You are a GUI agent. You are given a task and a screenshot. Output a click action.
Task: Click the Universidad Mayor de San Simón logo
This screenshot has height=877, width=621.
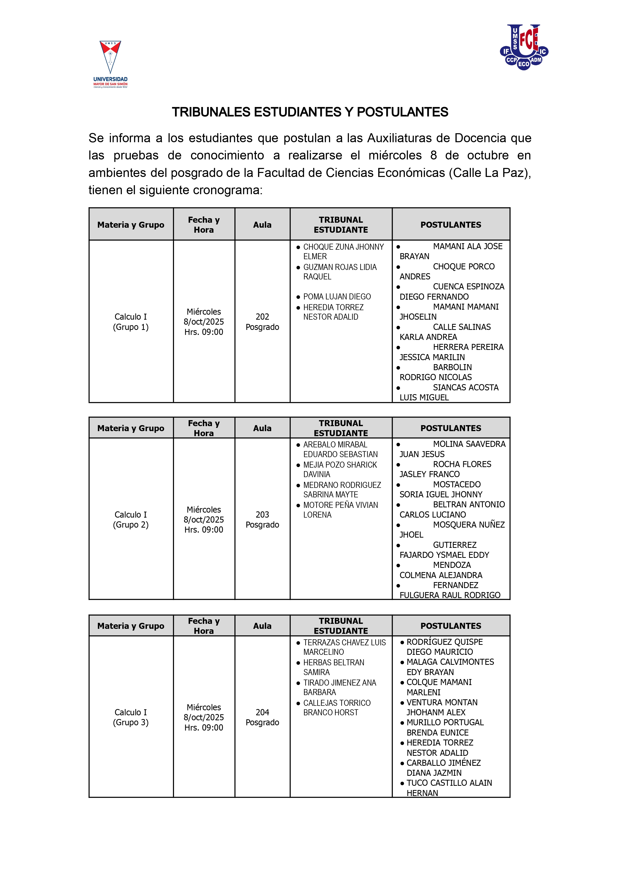(x=110, y=64)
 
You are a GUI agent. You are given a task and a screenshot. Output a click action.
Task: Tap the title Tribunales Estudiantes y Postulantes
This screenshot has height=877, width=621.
(x=310, y=112)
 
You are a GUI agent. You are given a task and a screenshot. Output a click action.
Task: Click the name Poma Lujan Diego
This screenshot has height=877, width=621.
(x=337, y=297)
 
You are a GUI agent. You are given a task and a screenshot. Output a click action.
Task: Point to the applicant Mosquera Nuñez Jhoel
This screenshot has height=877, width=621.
(x=451, y=530)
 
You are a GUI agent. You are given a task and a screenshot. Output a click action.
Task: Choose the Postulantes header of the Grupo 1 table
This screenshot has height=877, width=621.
(x=451, y=225)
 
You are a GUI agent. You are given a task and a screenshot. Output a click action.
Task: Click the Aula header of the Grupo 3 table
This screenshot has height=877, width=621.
(x=262, y=626)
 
